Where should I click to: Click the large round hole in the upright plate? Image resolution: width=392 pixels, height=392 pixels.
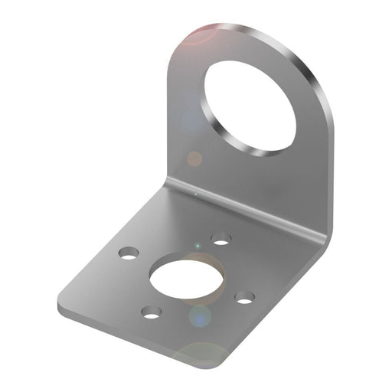tap(250, 105)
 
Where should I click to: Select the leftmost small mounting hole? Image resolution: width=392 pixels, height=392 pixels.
tap(129, 252)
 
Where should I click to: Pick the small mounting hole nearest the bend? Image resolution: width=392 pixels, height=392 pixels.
tap(221, 240)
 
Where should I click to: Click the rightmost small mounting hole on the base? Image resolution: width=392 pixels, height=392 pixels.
tap(244, 297)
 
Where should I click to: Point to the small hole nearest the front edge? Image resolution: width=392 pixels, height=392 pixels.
tap(152, 312)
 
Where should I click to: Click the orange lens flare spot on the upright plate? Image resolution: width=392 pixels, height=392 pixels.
tap(195, 158)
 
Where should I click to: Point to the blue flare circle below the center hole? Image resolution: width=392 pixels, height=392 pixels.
tap(200, 315)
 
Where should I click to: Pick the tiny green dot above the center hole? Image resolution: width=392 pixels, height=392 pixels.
tap(198, 246)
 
